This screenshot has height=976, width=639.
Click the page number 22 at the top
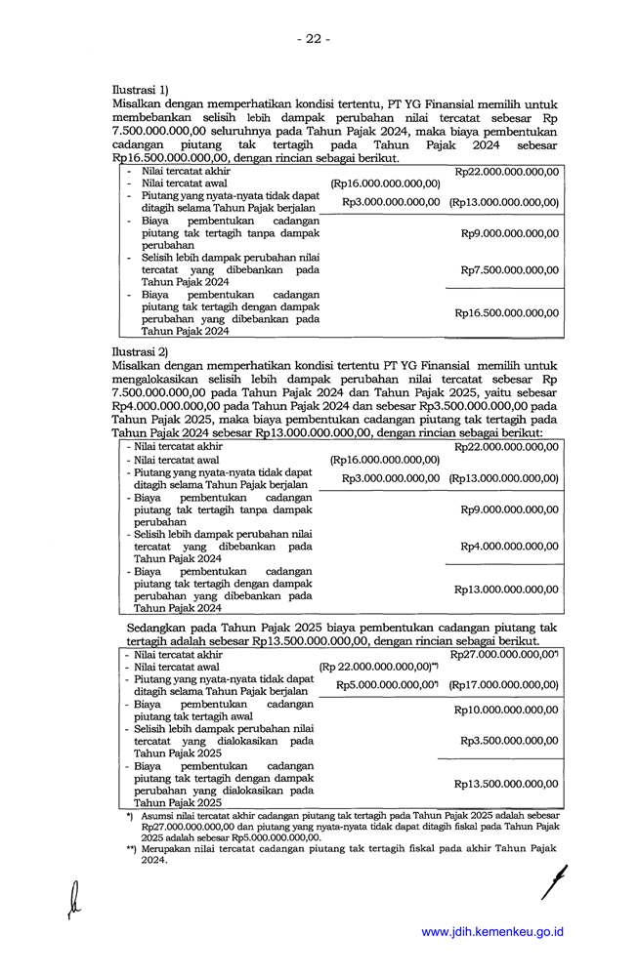tap(314, 38)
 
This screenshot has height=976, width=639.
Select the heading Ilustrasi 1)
tap(141, 90)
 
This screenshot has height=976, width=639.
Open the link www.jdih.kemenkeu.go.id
tap(492, 932)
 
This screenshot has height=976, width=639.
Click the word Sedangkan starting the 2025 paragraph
tap(157, 628)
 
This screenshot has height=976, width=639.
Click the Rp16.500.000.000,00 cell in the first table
tap(506, 313)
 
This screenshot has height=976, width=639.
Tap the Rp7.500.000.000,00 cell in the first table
tap(509, 270)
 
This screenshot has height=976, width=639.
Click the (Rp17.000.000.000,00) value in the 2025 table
tap(503, 685)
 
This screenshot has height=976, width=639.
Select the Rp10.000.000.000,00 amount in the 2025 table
tap(506, 710)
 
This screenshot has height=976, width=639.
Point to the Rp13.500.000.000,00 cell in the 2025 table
tap(506, 784)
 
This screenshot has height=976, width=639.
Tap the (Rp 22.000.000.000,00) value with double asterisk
tap(377, 667)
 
